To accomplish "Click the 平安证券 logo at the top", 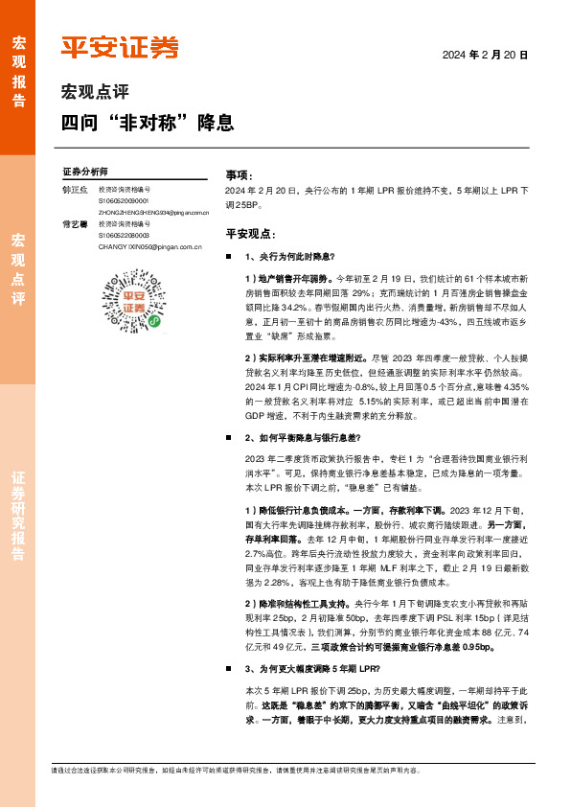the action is [x=119, y=47].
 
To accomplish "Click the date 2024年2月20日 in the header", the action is [x=485, y=57].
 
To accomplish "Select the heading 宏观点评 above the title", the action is [x=95, y=93].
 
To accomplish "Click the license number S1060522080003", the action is [x=124, y=235].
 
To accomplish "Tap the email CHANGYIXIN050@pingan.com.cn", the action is [x=149, y=246].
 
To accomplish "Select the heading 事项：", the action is [x=239, y=176].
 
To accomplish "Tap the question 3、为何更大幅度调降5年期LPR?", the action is [x=312, y=668].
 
